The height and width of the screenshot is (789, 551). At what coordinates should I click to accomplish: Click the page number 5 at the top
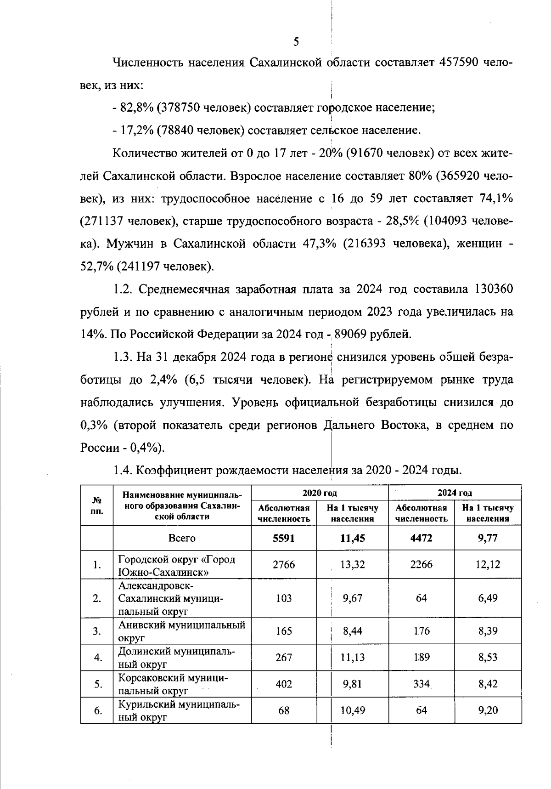(x=296, y=42)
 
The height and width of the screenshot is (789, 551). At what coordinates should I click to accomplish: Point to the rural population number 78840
(x=176, y=131)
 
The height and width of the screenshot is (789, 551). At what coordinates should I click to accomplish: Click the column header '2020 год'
(x=320, y=493)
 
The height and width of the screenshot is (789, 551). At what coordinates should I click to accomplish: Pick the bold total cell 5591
(x=283, y=538)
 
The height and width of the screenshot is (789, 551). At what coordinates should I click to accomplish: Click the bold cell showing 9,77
(x=487, y=538)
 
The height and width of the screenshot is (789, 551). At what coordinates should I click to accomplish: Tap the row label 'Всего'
(x=182, y=538)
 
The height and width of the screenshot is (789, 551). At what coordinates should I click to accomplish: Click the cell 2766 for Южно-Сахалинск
(x=283, y=565)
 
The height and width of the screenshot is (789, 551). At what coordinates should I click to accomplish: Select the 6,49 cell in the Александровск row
(x=487, y=598)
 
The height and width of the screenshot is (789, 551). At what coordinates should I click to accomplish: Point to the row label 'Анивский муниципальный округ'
(x=182, y=631)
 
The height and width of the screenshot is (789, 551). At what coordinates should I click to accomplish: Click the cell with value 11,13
(x=353, y=658)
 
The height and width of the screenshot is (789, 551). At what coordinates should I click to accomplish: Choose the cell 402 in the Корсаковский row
(x=283, y=684)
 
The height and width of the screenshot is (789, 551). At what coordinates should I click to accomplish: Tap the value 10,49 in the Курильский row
(x=353, y=710)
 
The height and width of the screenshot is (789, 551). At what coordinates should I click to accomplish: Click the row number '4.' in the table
(x=97, y=658)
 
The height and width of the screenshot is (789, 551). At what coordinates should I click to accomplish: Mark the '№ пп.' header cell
(x=96, y=505)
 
